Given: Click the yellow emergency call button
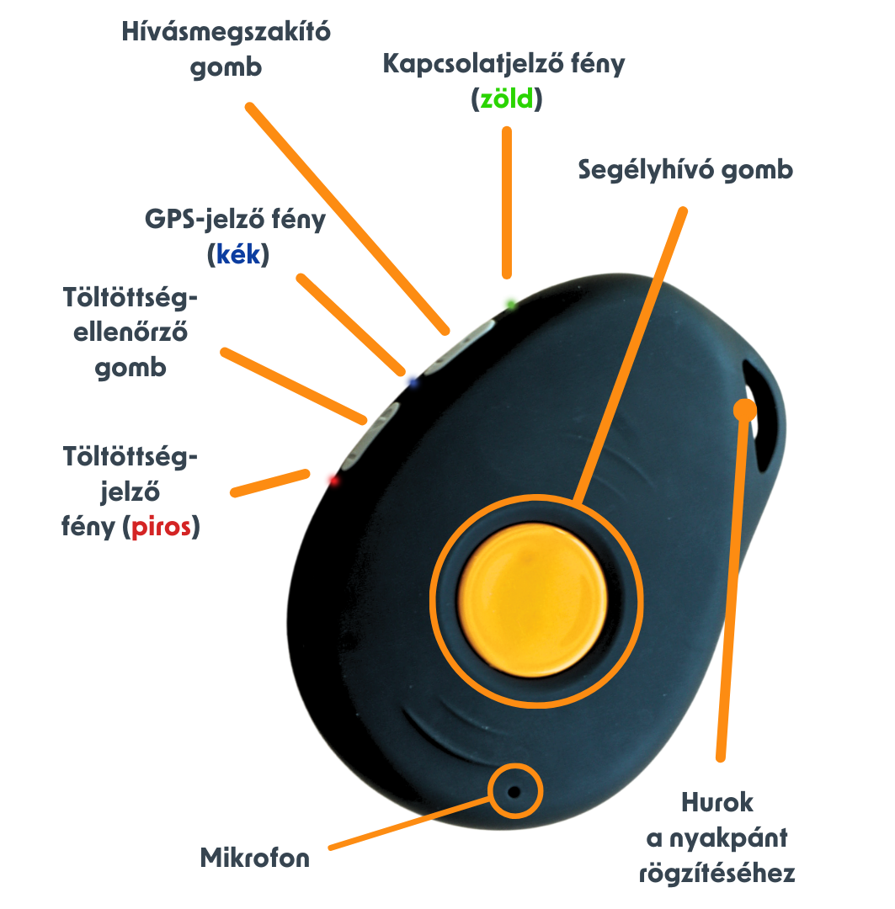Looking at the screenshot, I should pos(534,598).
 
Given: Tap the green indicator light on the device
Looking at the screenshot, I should pos(509,301).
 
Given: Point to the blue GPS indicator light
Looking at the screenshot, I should pos(411,380).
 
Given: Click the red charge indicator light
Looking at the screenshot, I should pos(331,478).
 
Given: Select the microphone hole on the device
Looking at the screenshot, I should pos(514,792).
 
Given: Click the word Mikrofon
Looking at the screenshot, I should pos(255,858).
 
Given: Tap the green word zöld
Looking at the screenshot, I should pos(507,99).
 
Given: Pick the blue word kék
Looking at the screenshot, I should pos(238,255).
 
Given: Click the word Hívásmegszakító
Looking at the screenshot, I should pos(226,32).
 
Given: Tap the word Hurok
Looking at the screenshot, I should pos(717,802).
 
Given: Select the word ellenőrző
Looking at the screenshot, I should pos(131,332).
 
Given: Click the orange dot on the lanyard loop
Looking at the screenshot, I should pos(744,410).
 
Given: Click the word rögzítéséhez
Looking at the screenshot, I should pos(717,874).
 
